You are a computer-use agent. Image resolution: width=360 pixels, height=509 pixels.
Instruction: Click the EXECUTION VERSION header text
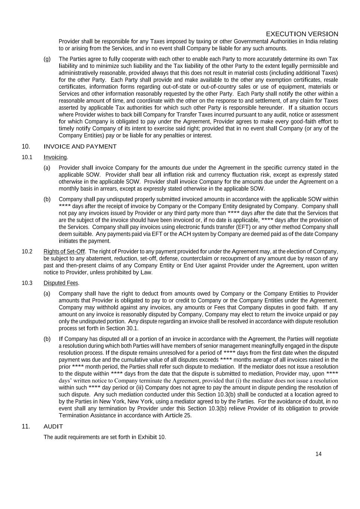[302, 34]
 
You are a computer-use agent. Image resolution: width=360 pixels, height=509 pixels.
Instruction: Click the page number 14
[318, 454]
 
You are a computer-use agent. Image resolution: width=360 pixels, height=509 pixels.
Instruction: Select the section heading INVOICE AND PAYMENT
[80, 147]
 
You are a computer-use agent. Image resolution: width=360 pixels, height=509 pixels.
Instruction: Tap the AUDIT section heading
[53, 426]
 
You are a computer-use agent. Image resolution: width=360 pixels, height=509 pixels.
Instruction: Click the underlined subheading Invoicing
[55, 157]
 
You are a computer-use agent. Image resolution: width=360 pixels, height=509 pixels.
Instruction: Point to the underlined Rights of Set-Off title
[64, 251]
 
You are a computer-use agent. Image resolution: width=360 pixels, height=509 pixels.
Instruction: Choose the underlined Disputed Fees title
[61, 283]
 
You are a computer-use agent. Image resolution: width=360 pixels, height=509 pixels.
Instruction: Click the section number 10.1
[27, 157]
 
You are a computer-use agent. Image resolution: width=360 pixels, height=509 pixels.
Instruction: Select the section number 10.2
[27, 251]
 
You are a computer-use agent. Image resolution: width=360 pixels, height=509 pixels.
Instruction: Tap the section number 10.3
[27, 283]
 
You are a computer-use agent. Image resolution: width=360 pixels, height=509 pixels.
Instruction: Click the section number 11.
[25, 426]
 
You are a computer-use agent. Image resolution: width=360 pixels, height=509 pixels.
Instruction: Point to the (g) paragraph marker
[47, 59]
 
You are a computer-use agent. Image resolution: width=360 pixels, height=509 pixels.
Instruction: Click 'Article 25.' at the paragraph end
[178, 415]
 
